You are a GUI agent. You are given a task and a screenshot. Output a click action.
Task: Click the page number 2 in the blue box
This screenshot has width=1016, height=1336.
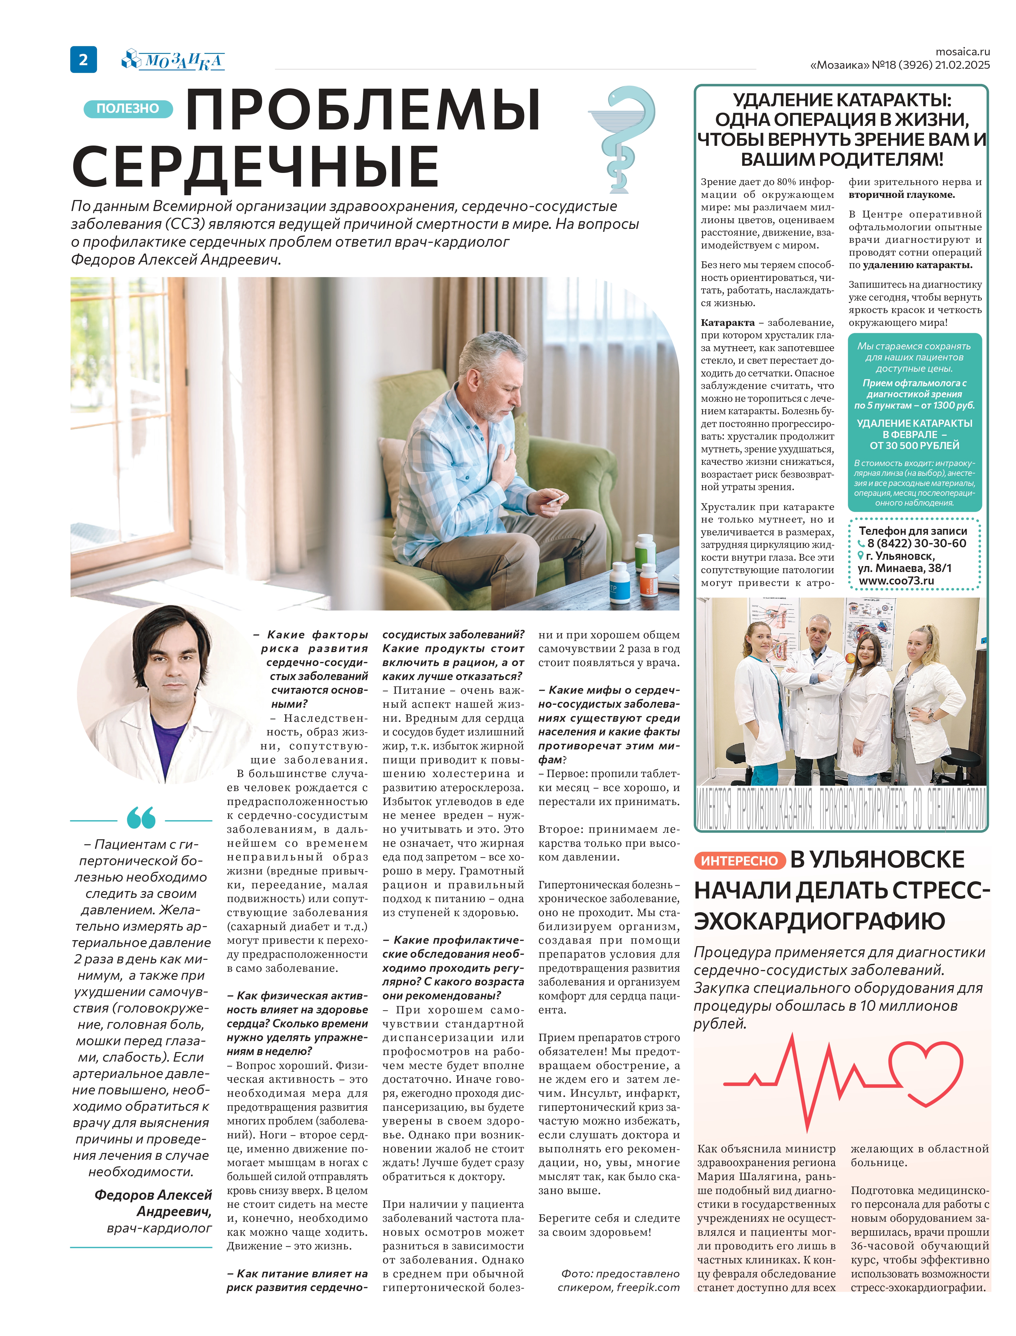tap(83, 59)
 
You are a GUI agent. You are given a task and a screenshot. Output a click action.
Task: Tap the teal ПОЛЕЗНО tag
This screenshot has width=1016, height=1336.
tap(128, 109)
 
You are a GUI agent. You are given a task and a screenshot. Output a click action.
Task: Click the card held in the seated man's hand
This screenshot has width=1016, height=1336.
tap(555, 500)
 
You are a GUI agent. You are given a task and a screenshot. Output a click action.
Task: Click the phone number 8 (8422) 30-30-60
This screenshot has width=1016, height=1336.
tap(916, 543)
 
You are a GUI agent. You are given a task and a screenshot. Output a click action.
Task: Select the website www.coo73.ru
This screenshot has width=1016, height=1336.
tap(896, 581)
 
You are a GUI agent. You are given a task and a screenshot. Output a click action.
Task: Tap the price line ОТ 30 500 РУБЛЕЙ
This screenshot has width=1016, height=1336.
tap(915, 446)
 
